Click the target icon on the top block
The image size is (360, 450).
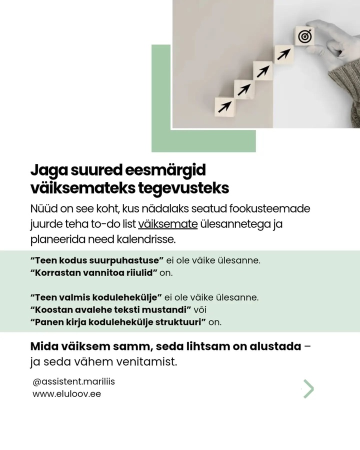click(x=304, y=36)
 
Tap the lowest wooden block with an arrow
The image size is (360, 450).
click(x=224, y=106)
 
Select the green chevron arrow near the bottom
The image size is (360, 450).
click(x=309, y=388)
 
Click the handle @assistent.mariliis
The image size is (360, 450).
click(x=73, y=381)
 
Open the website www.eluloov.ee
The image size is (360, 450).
click(x=66, y=394)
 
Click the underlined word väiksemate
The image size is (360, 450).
click(x=168, y=223)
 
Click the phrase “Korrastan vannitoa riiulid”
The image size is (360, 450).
click(x=94, y=273)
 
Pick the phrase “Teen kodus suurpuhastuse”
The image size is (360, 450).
click(x=97, y=261)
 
